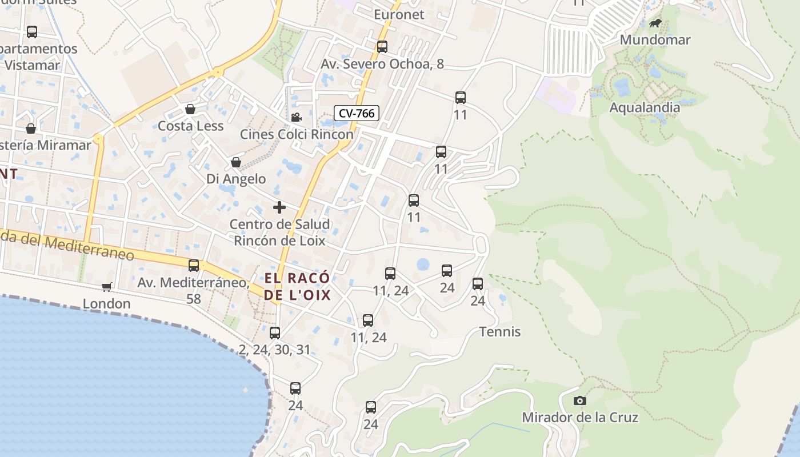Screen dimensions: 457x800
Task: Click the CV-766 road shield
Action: coord(357,113)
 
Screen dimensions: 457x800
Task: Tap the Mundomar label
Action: coord(655,40)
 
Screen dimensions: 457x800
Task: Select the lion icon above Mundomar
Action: coord(655,23)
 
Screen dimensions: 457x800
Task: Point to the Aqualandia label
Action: coord(645,107)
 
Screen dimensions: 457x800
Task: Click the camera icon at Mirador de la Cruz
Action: coord(579,400)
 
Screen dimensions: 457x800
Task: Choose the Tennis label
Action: coord(500,331)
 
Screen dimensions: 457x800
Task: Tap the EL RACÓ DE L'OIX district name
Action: coord(297,286)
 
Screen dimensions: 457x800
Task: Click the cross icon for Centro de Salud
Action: coord(279,207)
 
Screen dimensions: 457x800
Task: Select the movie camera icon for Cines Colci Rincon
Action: coord(296,118)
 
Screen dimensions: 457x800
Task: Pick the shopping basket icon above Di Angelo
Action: coord(235,162)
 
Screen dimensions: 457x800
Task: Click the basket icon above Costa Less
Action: coord(190,109)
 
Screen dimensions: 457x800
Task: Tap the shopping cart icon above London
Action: coord(106,287)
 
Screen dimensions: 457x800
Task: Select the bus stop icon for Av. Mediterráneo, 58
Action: coord(194,266)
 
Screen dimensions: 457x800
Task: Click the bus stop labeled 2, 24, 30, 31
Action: coord(275,333)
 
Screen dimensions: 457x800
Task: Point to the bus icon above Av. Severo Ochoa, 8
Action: coord(382,47)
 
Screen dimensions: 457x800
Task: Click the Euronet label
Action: coord(399,15)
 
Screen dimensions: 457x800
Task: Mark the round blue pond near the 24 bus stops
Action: coord(423,264)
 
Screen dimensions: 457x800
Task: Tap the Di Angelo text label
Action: coord(236,179)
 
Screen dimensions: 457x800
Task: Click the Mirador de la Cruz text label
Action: coord(580,418)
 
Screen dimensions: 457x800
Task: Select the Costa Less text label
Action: coord(190,126)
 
